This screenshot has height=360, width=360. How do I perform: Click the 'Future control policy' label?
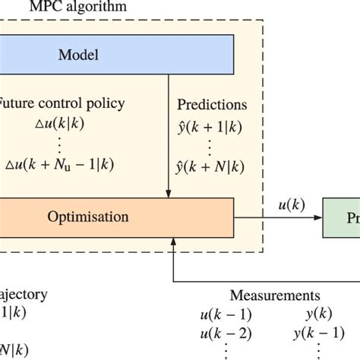tap(53, 104)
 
